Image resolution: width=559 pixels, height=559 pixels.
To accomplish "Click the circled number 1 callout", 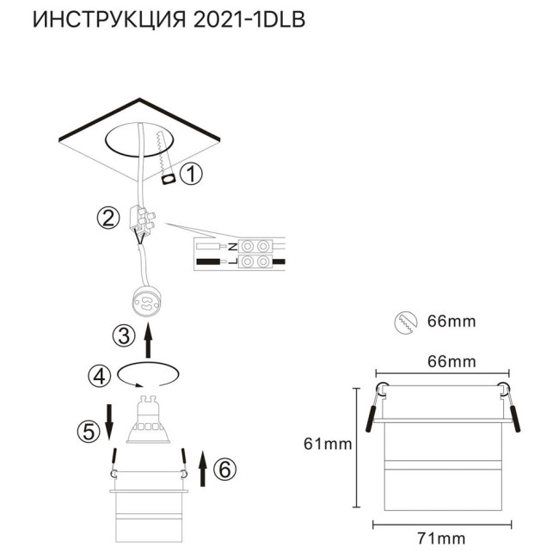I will (193, 175).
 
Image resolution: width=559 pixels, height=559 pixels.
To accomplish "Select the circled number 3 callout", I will (126, 335).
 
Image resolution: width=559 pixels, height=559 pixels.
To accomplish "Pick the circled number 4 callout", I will (101, 376).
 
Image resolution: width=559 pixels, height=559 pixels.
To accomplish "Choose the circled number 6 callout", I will (223, 470).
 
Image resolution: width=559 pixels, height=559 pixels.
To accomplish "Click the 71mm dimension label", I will (440, 538).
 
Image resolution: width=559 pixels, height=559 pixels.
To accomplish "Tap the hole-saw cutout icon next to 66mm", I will (404, 322).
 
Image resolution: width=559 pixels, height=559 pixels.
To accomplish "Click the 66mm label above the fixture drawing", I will (451, 362).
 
